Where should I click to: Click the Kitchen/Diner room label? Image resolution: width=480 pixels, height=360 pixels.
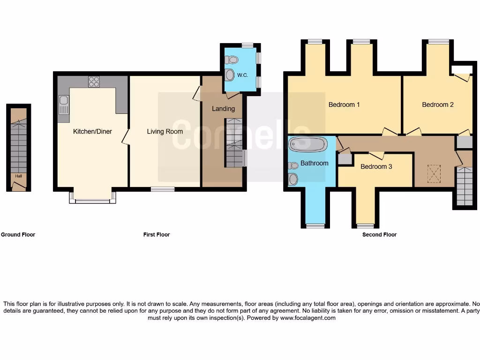(92, 131)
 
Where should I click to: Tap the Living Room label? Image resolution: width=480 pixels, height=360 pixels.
(165, 131)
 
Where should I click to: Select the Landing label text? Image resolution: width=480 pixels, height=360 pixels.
(223, 109)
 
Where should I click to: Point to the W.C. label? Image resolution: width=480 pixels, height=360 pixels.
(242, 75)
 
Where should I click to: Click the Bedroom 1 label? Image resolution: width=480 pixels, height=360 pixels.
(344, 105)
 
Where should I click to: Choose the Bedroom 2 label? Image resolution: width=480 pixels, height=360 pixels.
(438, 105)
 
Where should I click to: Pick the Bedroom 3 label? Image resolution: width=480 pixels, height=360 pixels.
(376, 166)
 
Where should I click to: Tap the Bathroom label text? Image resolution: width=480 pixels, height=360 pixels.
(314, 163)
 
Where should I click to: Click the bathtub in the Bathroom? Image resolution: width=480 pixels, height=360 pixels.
(308, 144)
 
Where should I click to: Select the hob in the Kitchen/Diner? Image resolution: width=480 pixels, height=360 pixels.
(94, 81)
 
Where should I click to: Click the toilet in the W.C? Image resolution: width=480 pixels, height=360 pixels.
(232, 60)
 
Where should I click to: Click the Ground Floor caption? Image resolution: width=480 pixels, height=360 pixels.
(18, 234)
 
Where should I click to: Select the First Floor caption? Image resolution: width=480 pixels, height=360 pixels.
(157, 234)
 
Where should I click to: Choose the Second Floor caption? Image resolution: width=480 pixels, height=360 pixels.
(379, 234)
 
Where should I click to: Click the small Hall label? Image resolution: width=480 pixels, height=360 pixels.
(18, 176)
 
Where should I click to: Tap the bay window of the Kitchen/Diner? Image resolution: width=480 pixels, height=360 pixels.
(93, 201)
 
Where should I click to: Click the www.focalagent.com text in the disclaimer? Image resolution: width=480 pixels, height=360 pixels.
(308, 318)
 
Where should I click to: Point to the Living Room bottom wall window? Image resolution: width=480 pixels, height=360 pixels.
(163, 189)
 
